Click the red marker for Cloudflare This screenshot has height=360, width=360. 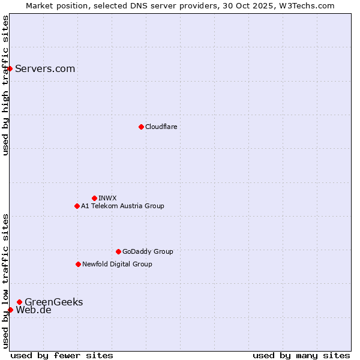(141, 127)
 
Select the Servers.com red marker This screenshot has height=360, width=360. (10, 68)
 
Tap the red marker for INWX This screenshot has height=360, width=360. (94, 198)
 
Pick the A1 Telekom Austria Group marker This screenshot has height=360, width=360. (77, 206)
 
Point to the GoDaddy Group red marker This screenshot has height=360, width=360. (118, 251)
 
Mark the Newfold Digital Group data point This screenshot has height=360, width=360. (78, 264)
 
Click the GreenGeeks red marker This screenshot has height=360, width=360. (20, 302)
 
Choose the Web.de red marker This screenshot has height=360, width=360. (10, 310)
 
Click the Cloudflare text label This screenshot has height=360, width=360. (161, 127)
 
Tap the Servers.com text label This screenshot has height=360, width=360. (45, 68)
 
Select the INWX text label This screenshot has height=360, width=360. (107, 198)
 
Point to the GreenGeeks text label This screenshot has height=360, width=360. (53, 302)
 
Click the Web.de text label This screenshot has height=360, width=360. (34, 310)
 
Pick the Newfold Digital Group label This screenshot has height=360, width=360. (117, 264)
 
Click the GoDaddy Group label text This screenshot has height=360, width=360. (148, 251)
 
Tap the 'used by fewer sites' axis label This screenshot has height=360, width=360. (62, 355)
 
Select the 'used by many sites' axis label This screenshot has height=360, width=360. (301, 355)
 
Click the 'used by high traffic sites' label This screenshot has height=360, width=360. (5, 85)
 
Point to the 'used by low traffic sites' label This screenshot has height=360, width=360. (5, 280)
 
